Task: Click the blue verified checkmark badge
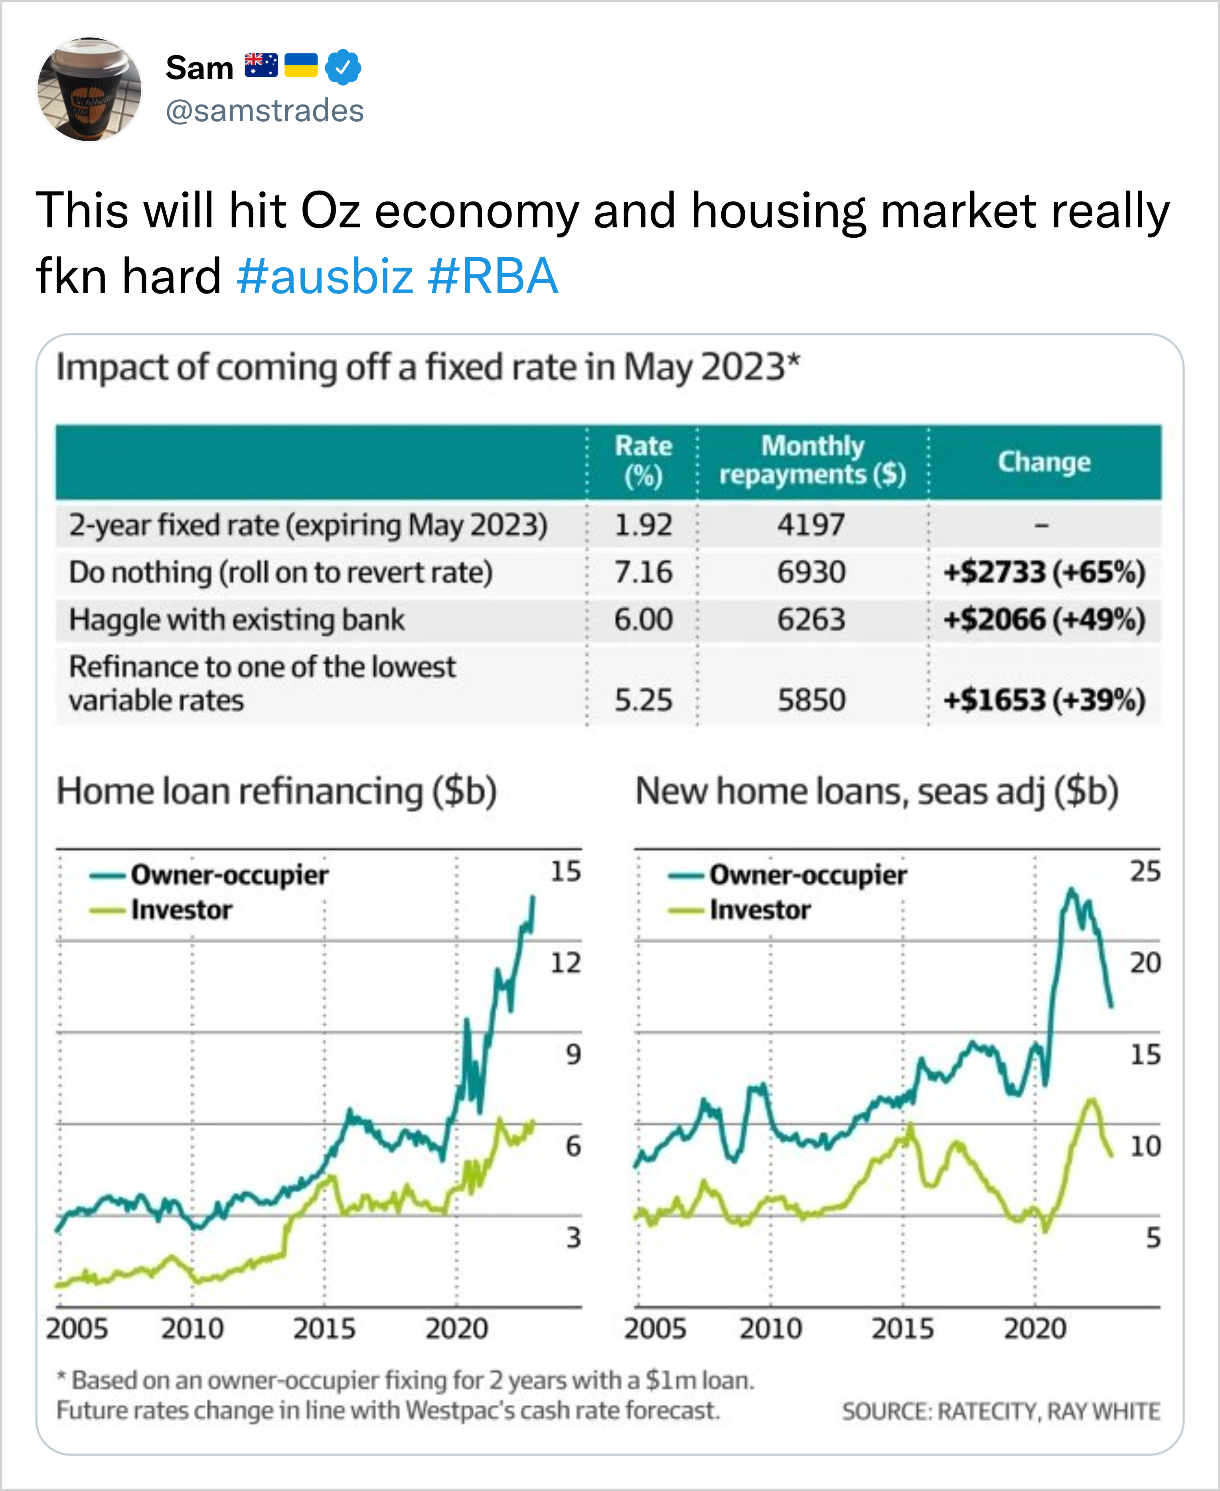click(343, 67)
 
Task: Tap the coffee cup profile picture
click(89, 89)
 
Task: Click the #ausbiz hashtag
click(325, 276)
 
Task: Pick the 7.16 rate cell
click(643, 572)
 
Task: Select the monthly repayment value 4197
click(811, 525)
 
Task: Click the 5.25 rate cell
click(643, 700)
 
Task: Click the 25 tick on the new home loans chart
click(1145, 871)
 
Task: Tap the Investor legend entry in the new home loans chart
click(759, 910)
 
